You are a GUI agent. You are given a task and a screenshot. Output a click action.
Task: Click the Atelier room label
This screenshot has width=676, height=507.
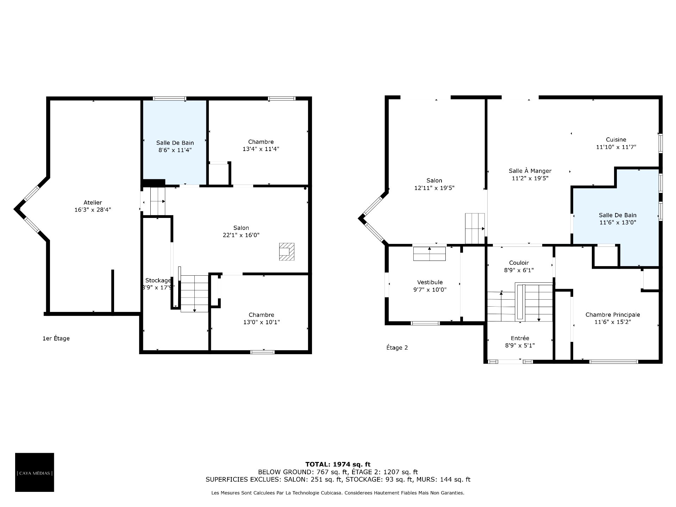coord(93,202)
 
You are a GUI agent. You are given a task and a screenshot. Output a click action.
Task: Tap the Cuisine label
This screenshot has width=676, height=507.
coord(616,139)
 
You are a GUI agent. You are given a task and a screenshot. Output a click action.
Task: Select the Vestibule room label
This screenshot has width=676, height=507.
coord(430,282)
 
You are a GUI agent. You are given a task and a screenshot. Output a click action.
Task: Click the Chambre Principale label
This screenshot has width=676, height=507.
coord(613,315)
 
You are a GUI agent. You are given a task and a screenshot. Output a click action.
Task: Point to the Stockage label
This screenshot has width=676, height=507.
coord(158,280)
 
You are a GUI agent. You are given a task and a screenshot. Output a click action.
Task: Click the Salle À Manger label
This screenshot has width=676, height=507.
coord(530,171)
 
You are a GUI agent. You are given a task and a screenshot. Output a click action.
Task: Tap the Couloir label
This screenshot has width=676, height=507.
coord(519,263)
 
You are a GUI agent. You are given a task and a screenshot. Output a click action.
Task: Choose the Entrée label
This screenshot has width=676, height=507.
coord(520,338)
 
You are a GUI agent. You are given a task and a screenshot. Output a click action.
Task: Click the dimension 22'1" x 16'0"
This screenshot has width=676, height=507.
coord(241,235)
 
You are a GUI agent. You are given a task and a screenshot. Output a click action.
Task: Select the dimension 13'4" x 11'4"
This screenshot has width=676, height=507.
coord(261,149)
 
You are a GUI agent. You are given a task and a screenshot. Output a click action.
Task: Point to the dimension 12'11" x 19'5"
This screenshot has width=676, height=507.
coord(434,188)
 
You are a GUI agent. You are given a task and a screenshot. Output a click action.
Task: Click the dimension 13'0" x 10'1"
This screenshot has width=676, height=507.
coord(261,322)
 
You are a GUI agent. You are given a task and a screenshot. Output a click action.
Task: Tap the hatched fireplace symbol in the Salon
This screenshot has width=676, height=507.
coord(287,252)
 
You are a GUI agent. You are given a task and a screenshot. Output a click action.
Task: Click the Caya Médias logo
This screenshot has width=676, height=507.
coord(35,472)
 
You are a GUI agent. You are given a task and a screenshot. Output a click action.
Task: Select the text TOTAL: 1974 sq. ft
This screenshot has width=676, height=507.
coord(338,464)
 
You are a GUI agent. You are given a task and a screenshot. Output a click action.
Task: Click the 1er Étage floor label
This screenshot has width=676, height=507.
coord(56,338)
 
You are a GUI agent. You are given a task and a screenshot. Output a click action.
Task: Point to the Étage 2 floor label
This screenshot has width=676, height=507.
coord(397,348)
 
